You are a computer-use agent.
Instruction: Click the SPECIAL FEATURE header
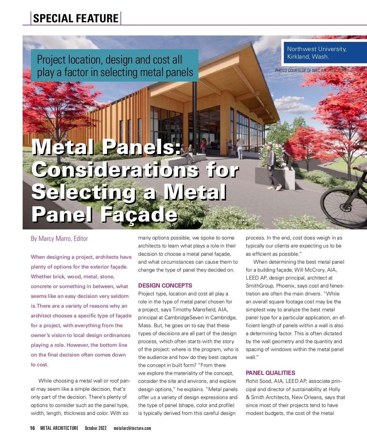(x=76, y=18)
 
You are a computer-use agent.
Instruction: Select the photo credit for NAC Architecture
(x=311, y=71)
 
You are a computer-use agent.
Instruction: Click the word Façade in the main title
(x=139, y=214)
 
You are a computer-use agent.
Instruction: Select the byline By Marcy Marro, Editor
(x=59, y=239)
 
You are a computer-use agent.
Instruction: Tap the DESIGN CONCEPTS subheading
(x=165, y=286)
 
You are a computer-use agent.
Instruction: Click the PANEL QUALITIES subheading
(x=270, y=373)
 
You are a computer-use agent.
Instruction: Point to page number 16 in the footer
(x=32, y=428)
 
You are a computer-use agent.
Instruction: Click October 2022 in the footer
(x=96, y=428)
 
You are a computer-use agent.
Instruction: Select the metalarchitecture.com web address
(x=132, y=428)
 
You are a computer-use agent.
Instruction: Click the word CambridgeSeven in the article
(x=184, y=318)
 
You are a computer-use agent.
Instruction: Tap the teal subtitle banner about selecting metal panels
(x=115, y=66)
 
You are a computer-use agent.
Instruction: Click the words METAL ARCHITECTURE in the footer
(x=59, y=428)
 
